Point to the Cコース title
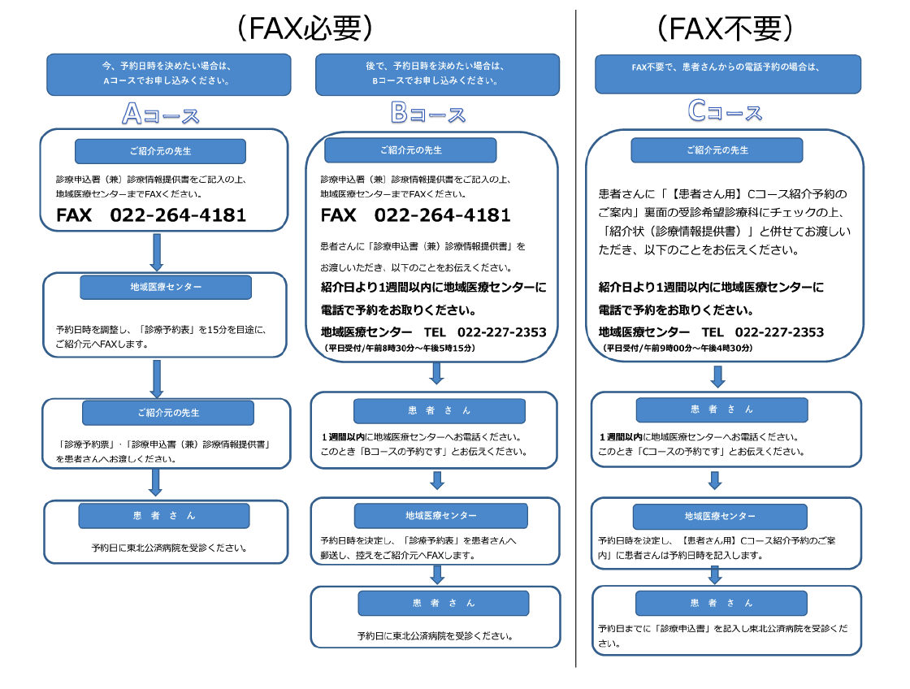(725, 112)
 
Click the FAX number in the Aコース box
(151, 215)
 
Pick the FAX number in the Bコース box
(415, 215)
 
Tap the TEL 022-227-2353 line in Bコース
(433, 332)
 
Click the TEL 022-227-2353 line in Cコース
(711, 332)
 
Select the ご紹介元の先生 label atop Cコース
(717, 150)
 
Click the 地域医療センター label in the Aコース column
(166, 287)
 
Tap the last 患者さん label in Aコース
(164, 515)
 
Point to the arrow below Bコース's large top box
(436, 373)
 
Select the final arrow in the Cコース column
(715, 574)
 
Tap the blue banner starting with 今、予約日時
(167, 74)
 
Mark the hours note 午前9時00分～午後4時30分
(678, 348)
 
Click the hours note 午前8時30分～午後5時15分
(400, 348)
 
